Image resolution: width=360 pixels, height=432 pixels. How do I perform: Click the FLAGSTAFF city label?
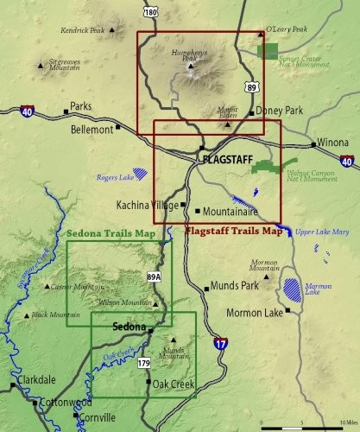click(x=230, y=160)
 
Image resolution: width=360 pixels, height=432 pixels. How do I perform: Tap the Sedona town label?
click(x=129, y=327)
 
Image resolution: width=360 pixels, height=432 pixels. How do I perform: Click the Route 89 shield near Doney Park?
click(x=250, y=86)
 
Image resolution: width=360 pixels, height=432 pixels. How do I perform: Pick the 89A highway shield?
click(x=153, y=276)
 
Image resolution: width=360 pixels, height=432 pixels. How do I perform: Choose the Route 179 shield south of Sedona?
click(x=143, y=363)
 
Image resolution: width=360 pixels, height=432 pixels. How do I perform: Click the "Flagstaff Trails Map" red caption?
click(x=234, y=231)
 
